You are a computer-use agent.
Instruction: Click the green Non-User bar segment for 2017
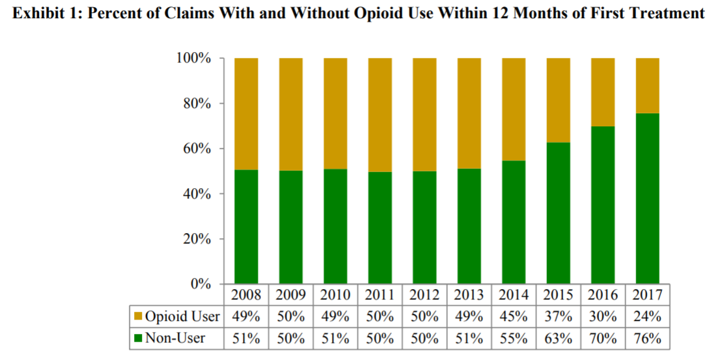point(646,199)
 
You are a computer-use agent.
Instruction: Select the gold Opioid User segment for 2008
point(246,113)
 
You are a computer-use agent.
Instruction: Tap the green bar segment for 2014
point(513,222)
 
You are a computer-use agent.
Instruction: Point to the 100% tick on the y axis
point(193,59)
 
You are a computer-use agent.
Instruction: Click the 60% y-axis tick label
point(197,149)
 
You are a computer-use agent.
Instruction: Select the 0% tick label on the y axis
point(201,284)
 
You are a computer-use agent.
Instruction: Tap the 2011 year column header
point(380,295)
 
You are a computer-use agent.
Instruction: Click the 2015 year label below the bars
point(557,295)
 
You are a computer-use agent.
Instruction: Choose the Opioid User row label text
point(182,317)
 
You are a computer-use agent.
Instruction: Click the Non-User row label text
point(174,339)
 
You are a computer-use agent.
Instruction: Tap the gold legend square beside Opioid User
point(138,317)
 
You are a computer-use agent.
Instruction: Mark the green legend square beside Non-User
point(138,339)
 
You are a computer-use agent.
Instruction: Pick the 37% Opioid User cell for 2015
point(557,317)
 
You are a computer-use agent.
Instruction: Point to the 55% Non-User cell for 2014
point(513,339)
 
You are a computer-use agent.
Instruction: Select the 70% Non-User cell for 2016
point(602,339)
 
